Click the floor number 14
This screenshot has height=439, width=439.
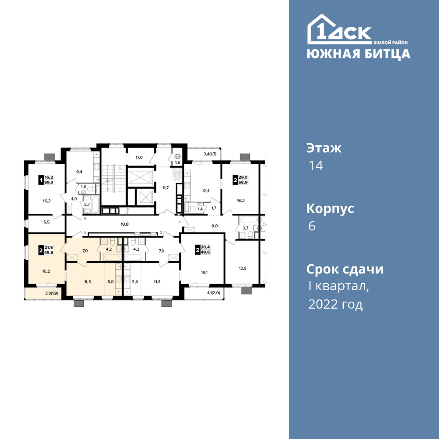[316, 166]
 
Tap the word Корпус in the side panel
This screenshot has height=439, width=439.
[330, 209]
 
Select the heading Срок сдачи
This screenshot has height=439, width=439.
[345, 270]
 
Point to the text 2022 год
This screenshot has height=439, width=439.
[335, 304]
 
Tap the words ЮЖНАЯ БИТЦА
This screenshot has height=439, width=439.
[358, 54]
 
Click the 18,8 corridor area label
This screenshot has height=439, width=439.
[125, 224]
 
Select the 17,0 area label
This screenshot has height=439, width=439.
[139, 157]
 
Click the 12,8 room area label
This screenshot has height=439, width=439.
[242, 268]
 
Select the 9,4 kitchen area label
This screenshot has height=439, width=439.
[79, 172]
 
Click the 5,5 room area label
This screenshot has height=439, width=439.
[47, 222]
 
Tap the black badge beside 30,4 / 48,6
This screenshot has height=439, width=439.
[198, 250]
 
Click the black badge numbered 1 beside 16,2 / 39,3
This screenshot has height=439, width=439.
[41, 180]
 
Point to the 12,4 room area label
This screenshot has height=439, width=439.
[206, 191]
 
